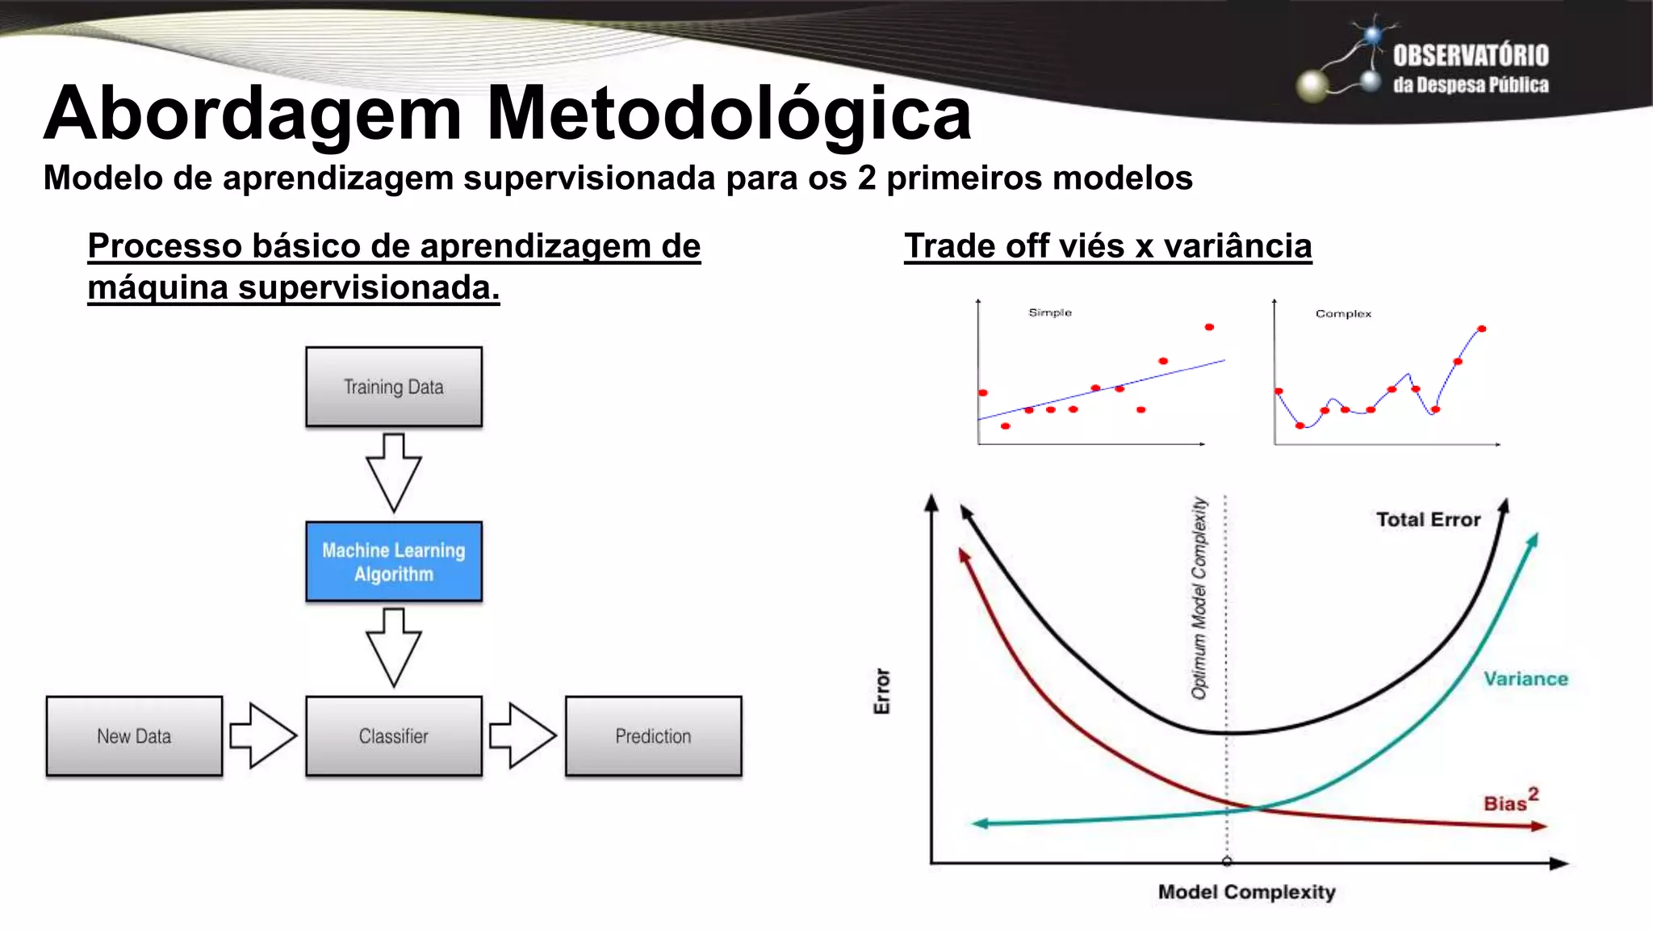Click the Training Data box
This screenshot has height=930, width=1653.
tap(394, 387)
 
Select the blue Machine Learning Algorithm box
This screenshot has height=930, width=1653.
tap(394, 562)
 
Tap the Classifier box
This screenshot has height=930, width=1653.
tap(394, 736)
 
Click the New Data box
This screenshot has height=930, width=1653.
tap(134, 736)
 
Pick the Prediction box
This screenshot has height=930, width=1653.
tap(653, 736)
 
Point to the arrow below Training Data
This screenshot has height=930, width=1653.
tap(394, 473)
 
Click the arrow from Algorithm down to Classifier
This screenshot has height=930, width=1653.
tap(394, 647)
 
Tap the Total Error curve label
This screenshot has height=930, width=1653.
tap(1428, 519)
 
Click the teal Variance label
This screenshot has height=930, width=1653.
tap(1525, 679)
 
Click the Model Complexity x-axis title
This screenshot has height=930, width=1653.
tap(1246, 892)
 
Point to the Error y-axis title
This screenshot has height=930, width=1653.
tap(882, 691)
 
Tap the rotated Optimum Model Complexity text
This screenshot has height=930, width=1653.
tap(1199, 597)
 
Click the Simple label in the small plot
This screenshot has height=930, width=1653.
tap(1049, 312)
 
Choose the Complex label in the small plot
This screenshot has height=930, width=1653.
tap(1343, 313)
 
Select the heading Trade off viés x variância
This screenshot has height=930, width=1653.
tap(1107, 246)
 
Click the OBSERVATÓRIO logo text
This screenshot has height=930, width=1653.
tap(1470, 56)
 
